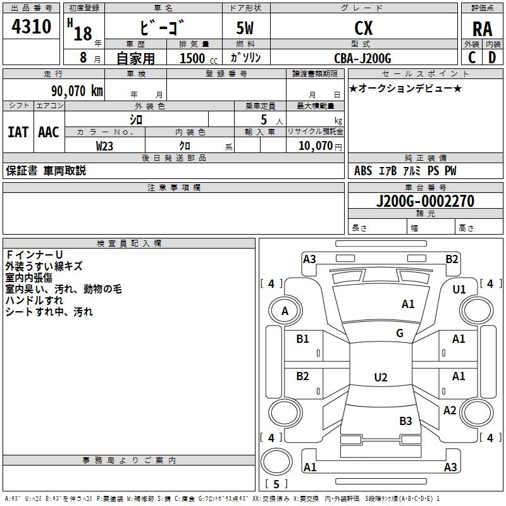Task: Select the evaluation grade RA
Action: tap(482, 28)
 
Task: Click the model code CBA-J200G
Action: tap(362, 58)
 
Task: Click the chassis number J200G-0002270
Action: tap(425, 201)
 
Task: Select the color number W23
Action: tap(105, 145)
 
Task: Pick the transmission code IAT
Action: tap(18, 132)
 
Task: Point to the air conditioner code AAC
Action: tap(49, 132)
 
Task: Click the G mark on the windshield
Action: tap(400, 333)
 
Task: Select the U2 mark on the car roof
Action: tap(381, 378)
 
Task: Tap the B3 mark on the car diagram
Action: tap(405, 421)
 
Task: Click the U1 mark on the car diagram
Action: tap(459, 290)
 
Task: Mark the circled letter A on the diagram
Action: tap(285, 311)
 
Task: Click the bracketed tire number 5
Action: tap(276, 484)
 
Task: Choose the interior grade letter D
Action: tap(492, 58)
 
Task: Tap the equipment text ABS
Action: tap(362, 171)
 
